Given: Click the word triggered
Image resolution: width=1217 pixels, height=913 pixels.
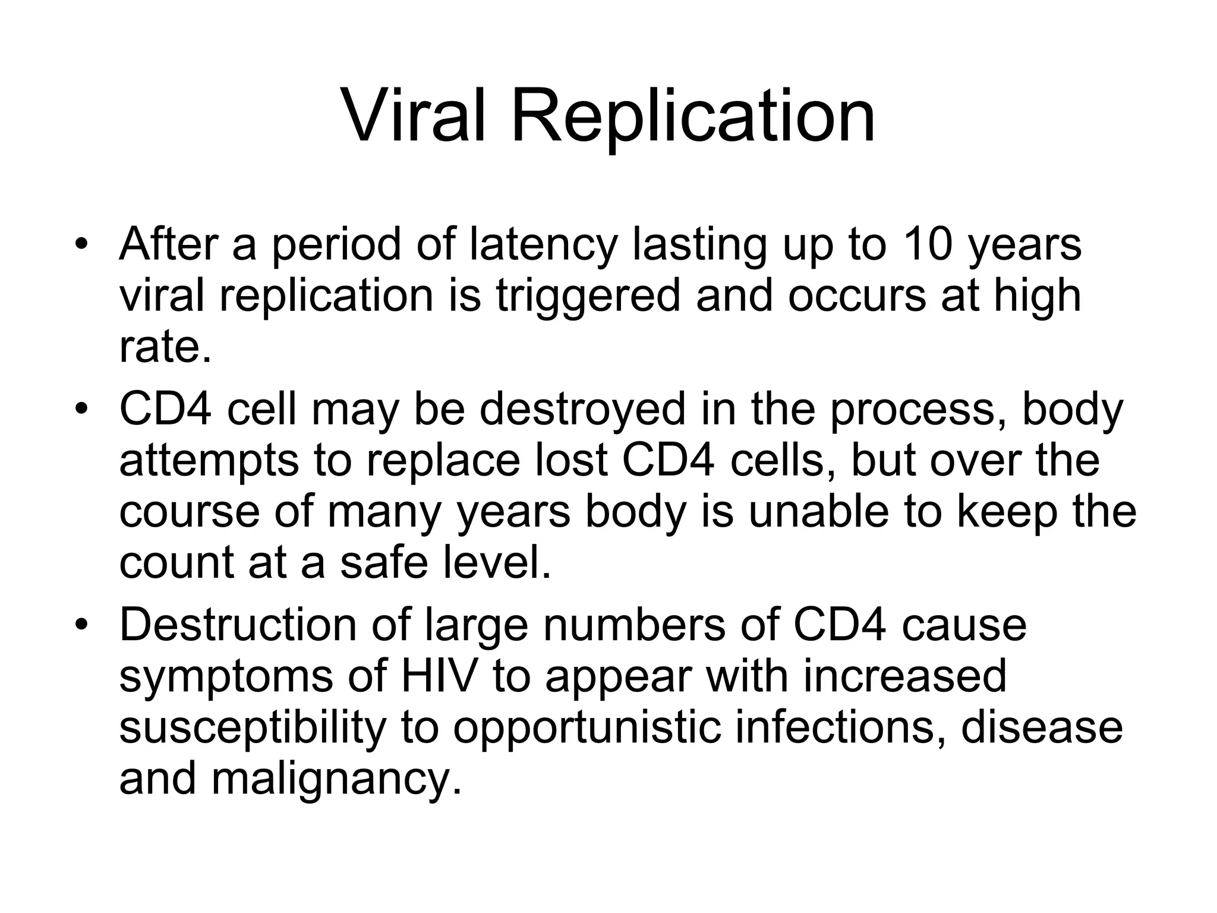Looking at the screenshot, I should [x=588, y=296].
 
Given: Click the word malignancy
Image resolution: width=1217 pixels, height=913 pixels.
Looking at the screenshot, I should [x=336, y=780].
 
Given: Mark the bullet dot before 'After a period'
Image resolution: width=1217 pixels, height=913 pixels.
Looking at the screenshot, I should [x=81, y=245].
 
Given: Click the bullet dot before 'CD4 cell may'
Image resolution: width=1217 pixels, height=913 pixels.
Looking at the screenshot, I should [x=81, y=410].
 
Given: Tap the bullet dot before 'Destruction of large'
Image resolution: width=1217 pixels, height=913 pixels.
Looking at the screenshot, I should [x=81, y=625].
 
